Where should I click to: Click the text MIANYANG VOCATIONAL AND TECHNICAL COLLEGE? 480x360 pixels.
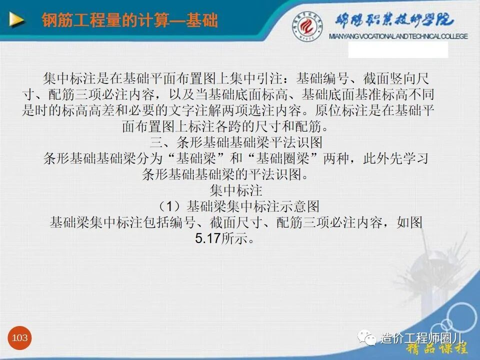click(x=398, y=36)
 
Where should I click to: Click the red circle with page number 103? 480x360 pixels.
click(x=20, y=338)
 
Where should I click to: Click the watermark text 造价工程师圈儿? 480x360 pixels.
click(x=422, y=338)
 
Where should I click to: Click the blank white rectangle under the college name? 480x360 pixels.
click(x=397, y=50)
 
